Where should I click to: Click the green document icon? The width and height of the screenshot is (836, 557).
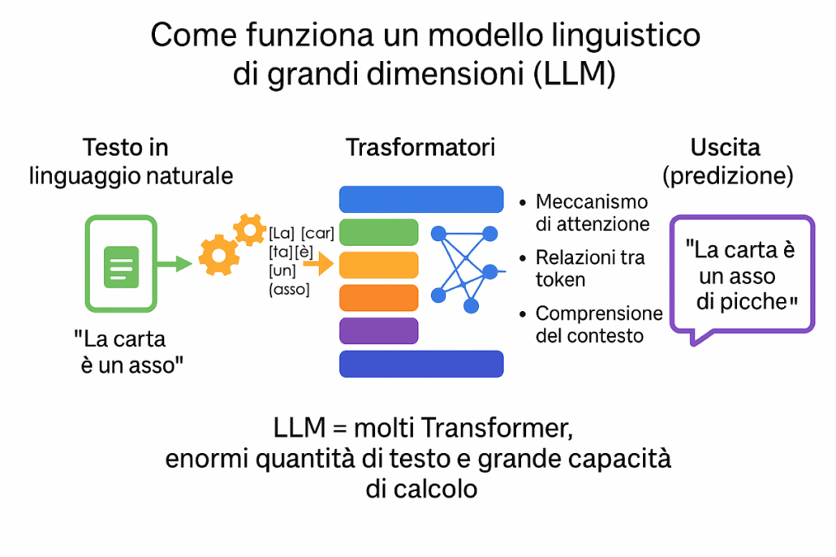click(121, 264)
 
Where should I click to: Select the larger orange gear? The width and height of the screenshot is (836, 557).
click(219, 255)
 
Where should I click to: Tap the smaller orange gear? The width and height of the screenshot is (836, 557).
click(249, 230)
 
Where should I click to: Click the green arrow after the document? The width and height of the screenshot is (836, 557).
click(173, 263)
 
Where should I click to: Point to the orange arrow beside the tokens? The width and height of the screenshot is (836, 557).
click(323, 263)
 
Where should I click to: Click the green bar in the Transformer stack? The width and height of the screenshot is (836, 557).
click(378, 232)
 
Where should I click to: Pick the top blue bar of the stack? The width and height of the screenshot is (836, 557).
click(421, 199)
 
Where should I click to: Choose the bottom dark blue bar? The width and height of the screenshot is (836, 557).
click(421, 364)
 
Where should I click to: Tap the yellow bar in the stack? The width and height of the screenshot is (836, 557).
click(378, 265)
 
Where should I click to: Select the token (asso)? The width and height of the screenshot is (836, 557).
click(289, 289)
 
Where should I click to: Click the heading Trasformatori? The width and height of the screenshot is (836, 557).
click(420, 148)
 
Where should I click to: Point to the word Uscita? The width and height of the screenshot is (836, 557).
click(725, 148)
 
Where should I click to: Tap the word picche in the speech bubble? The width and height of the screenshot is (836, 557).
click(748, 302)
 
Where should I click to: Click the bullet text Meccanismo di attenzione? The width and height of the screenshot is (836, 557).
click(592, 212)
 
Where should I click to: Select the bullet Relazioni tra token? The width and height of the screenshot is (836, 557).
click(590, 268)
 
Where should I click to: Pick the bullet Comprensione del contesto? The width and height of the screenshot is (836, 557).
click(599, 323)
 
